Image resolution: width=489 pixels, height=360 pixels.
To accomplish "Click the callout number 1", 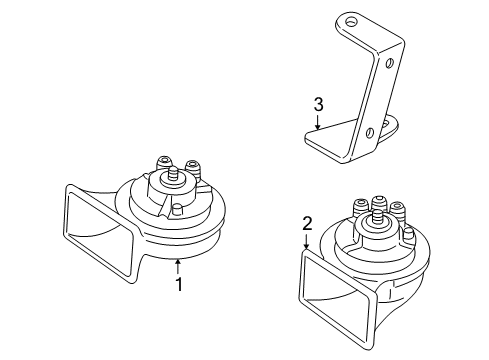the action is pos(179,284).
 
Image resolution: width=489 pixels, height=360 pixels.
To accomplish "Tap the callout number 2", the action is pos(307,224).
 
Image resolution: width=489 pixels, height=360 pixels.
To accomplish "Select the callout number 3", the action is pos(318,104).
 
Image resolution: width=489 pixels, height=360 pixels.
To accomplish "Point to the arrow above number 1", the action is pos(179,267).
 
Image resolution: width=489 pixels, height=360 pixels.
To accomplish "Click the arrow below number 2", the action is pos(306,241).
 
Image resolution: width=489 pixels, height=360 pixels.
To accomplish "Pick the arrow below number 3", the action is pos(318,121).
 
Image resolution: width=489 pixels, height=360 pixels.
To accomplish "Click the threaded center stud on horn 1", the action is pos(173,175).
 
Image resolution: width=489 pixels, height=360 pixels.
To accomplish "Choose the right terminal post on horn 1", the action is pos(193,168).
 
